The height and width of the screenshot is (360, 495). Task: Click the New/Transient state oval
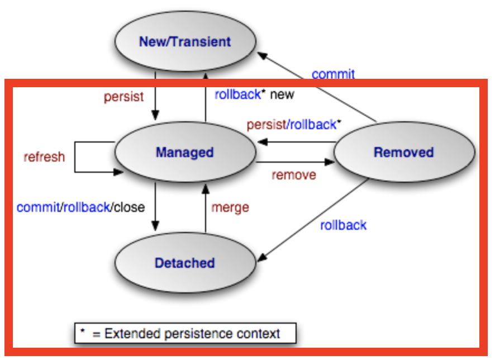185,42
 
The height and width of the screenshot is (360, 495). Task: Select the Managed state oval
185,152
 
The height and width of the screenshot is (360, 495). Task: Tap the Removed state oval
404,152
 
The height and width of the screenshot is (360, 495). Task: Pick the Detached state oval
185,263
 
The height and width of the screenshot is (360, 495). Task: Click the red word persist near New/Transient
123,97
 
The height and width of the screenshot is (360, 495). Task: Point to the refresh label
44,157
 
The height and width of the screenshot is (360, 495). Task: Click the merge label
230,207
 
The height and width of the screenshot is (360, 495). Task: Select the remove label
294,175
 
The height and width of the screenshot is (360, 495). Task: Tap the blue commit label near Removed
333,74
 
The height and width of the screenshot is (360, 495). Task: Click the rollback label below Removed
343,225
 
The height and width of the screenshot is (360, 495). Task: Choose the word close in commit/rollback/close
129,207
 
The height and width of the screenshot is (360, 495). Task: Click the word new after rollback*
282,94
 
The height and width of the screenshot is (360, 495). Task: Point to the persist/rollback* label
294,125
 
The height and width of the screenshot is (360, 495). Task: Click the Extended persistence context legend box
185,334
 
